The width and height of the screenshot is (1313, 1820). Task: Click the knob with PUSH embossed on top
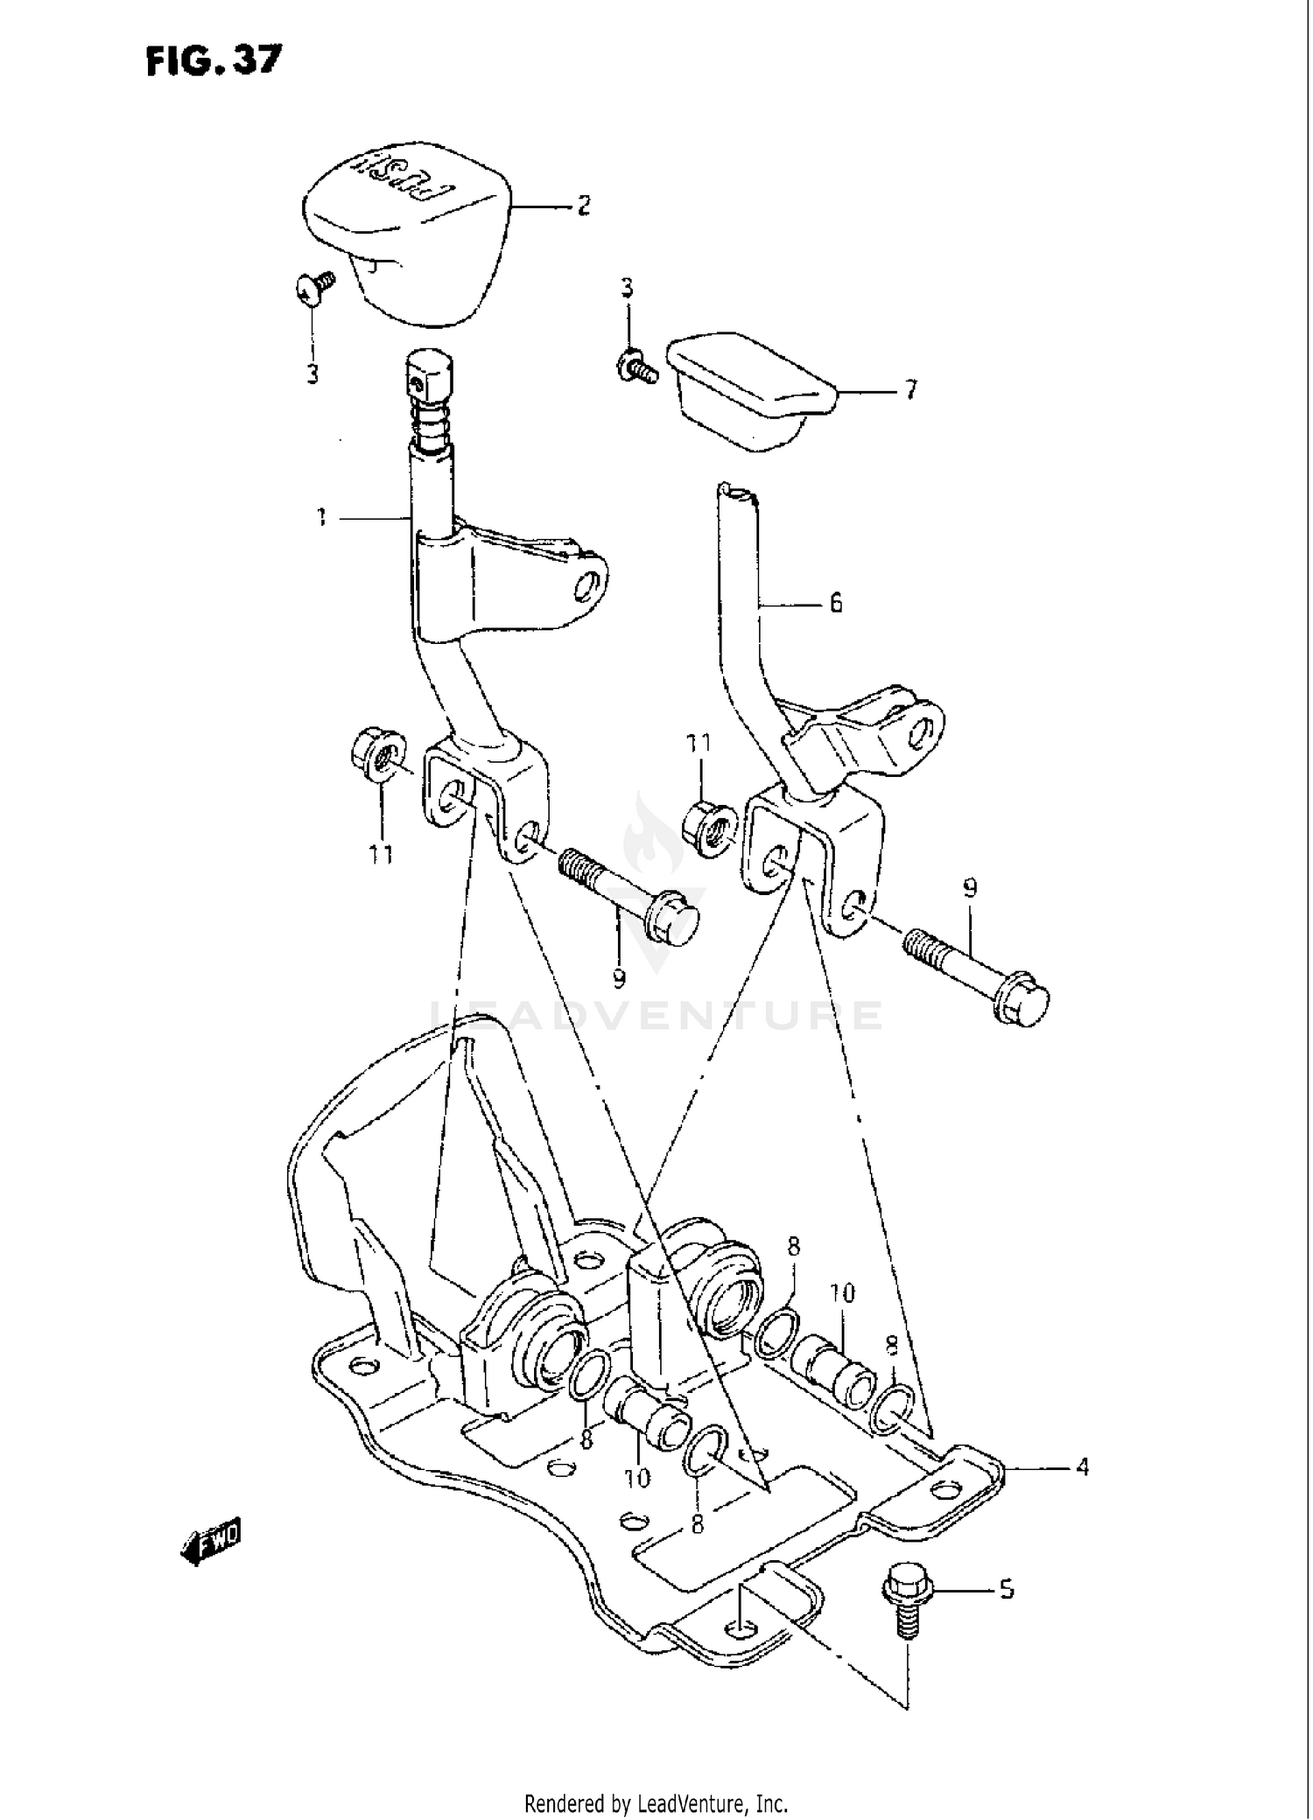404,227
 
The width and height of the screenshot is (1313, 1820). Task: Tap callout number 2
583,206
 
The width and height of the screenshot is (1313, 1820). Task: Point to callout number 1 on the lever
322,519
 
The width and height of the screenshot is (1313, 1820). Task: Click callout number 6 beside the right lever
835,602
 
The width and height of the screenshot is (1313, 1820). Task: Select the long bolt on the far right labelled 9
976,974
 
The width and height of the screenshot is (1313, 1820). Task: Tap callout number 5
1006,1588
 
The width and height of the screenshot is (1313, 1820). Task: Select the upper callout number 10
842,1293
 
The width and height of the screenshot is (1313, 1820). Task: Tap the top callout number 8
793,1247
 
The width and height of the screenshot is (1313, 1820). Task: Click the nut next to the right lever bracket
709,827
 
